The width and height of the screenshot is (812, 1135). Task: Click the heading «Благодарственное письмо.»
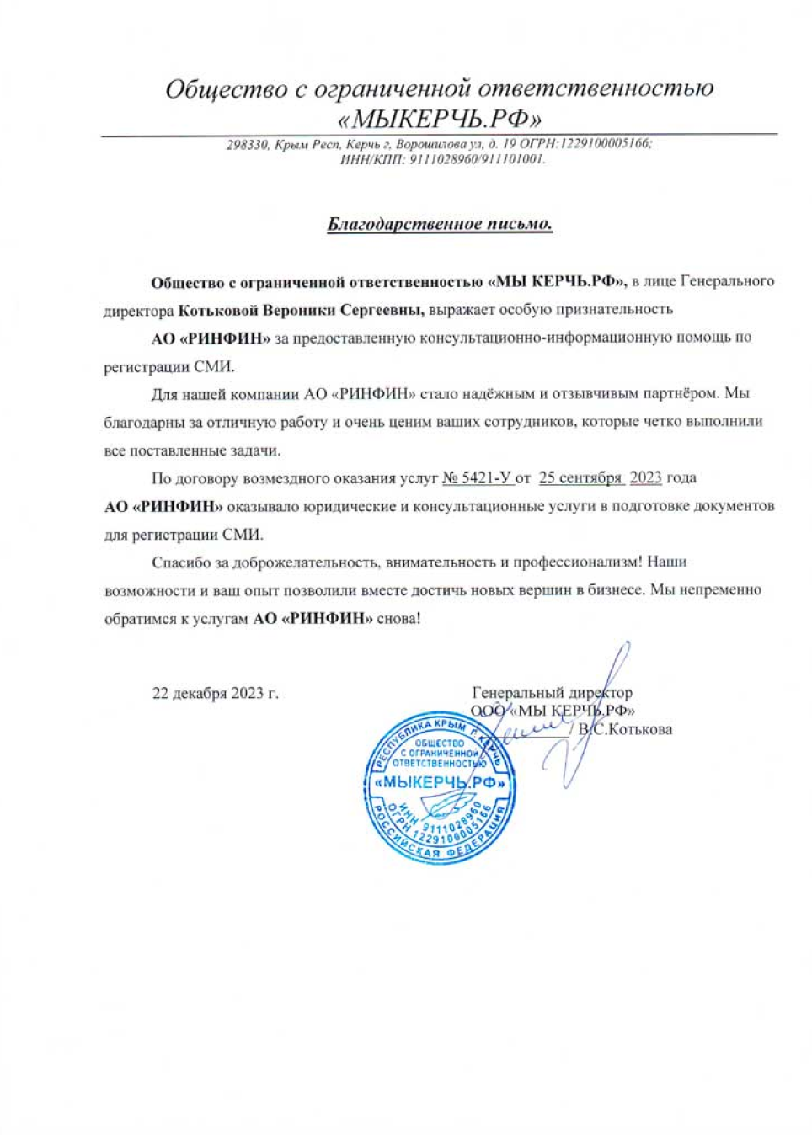(x=439, y=224)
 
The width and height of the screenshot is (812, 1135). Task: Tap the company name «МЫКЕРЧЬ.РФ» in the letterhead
(x=439, y=117)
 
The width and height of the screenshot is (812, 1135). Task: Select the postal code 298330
(x=248, y=145)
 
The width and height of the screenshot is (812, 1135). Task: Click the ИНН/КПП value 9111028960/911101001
(x=477, y=159)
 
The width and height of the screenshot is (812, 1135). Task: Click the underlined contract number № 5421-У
(x=477, y=478)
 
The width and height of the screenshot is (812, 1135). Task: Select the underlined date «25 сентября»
(x=580, y=478)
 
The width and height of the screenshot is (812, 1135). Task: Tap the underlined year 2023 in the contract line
(x=645, y=478)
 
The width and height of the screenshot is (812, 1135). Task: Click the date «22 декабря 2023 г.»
(x=215, y=694)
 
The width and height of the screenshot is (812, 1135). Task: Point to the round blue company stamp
(x=440, y=788)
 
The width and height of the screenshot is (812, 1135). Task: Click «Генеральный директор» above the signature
(x=552, y=693)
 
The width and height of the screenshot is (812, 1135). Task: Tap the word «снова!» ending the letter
(x=398, y=619)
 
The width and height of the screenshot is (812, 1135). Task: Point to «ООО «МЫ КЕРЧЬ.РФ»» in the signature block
(x=553, y=711)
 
